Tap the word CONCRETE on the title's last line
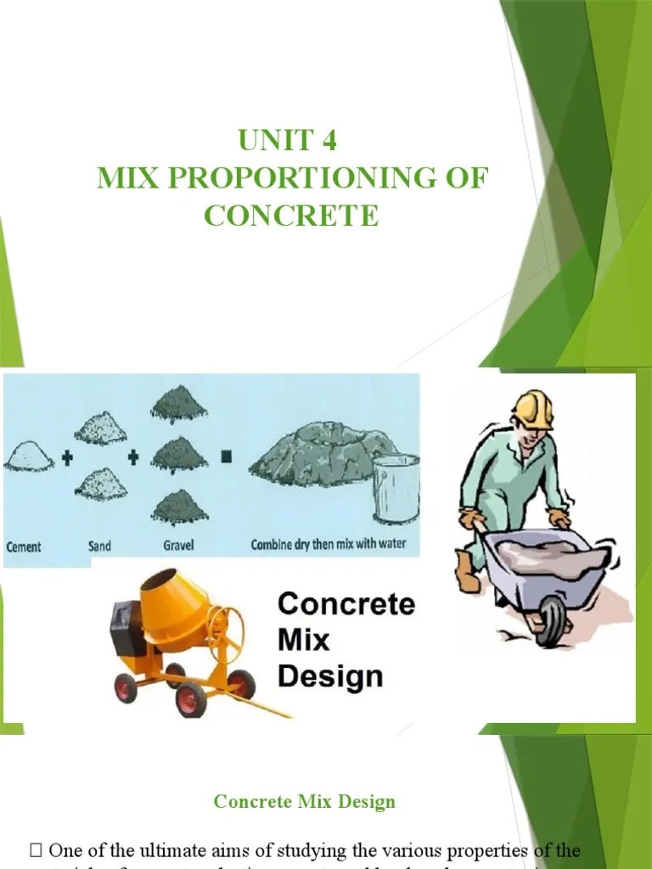[291, 216]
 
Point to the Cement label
[25, 546]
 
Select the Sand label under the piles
[99, 546]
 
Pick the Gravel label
[178, 546]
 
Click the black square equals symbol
[227, 457]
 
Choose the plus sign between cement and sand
[65, 457]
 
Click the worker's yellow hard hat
[534, 409]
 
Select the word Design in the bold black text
[330, 676]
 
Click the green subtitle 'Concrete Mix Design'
[304, 801]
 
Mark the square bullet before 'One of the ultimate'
[36, 850]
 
